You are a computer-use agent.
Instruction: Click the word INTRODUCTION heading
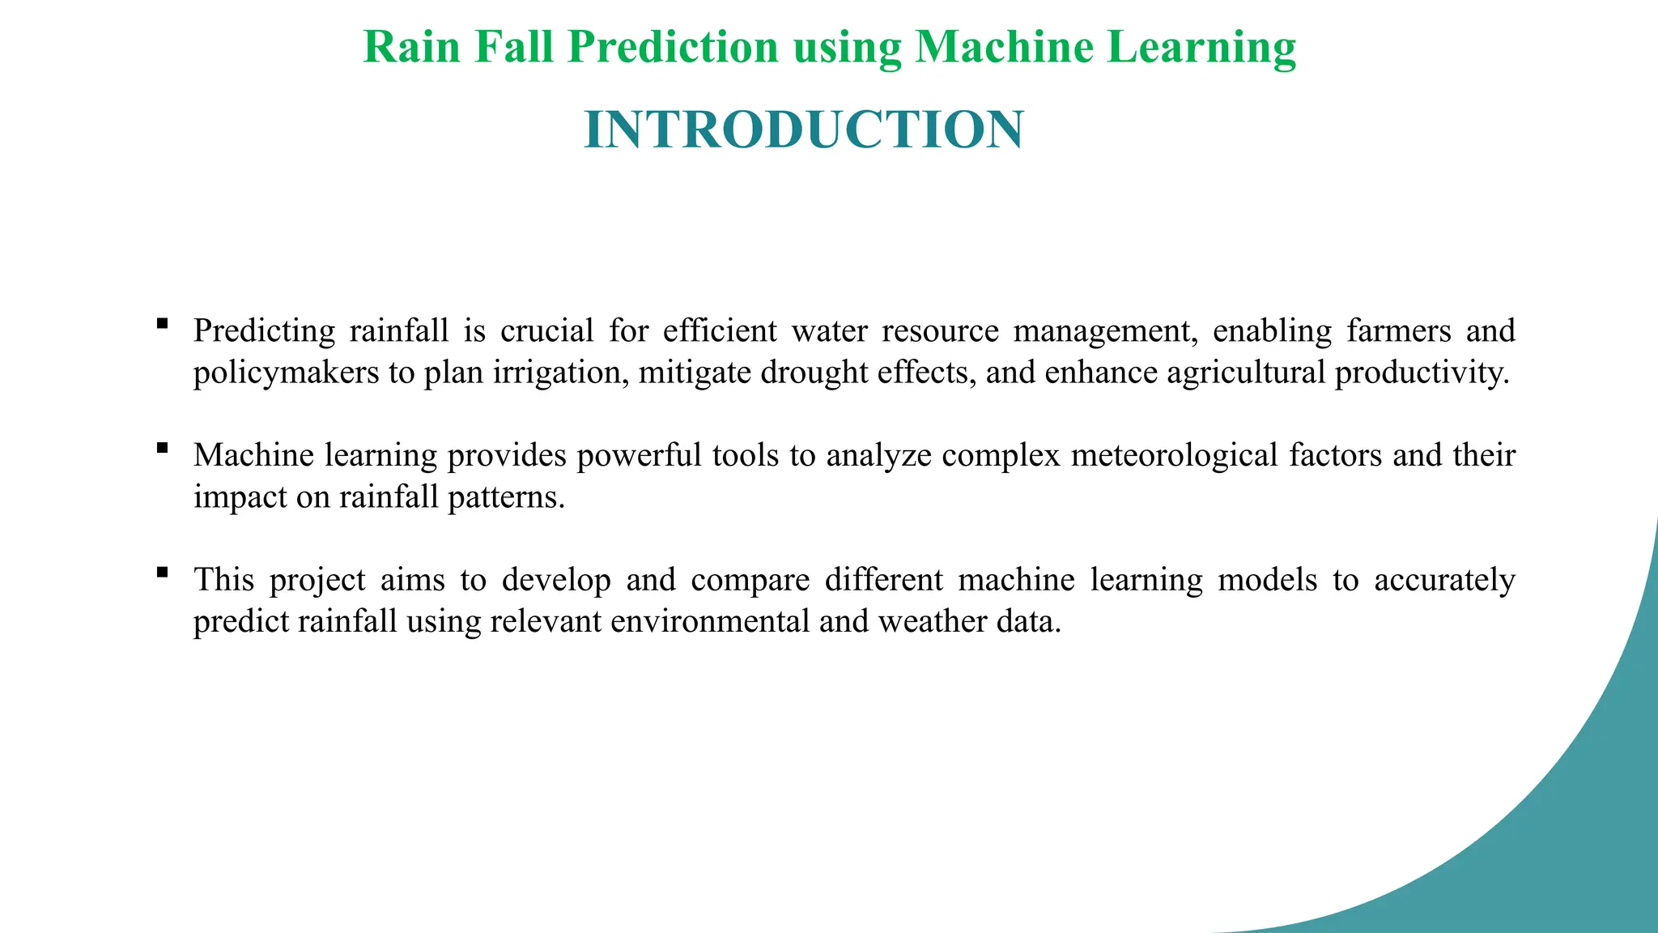[803, 130]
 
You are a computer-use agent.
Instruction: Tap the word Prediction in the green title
[673, 47]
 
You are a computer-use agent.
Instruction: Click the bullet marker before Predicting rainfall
[163, 324]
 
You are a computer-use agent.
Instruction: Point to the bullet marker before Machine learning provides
[163, 448]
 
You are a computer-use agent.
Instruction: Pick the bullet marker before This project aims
[163, 573]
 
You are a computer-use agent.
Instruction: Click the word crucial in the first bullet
[547, 331]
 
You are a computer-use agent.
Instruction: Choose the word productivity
[1422, 373]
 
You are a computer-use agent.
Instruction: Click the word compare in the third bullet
[750, 581]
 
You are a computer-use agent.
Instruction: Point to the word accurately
[1444, 581]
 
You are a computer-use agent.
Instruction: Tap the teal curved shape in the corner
[1538, 810]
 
